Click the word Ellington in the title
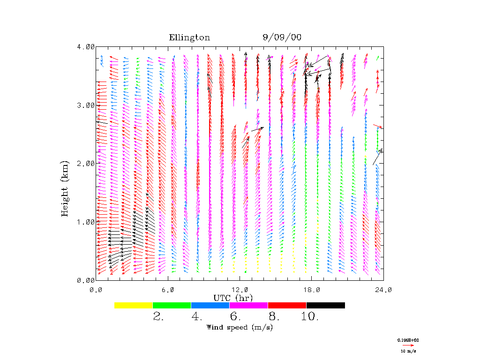[189, 38]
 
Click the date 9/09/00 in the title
[282, 38]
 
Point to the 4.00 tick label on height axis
[86, 47]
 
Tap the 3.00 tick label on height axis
[86, 105]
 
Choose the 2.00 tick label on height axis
[86, 163]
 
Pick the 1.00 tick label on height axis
[86, 222]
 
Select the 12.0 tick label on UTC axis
[240, 290]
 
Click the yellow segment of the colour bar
[134, 305]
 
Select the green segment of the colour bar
[172, 305]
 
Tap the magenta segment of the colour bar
[248, 305]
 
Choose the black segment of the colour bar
[325, 305]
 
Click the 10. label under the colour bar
[310, 317]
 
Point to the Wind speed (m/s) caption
[239, 327]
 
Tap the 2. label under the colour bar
[158, 317]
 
